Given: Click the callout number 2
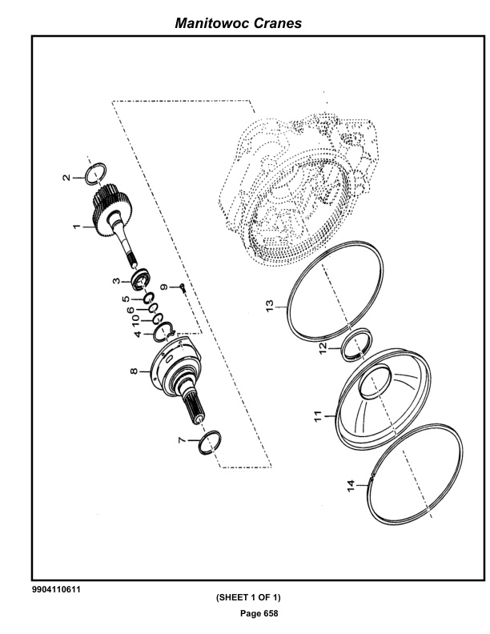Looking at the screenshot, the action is (66, 177).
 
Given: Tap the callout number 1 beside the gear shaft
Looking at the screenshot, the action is (77, 227).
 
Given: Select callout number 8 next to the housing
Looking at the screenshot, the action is (135, 371).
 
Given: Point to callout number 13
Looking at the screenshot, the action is (270, 306).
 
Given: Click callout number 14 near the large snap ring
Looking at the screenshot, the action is (351, 486).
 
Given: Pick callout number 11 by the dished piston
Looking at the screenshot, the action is (318, 416).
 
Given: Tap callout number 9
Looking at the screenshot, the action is (164, 287).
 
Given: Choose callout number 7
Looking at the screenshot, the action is (183, 440).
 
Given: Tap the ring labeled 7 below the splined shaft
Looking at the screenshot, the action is (211, 442).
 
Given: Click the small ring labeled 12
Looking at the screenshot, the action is (356, 345).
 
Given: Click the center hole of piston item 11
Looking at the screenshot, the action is (376, 381).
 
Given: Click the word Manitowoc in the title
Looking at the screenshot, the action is (211, 22).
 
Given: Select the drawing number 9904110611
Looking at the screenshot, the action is (56, 589).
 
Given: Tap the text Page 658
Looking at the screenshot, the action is (259, 613).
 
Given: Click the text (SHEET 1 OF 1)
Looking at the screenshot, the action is (248, 597).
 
